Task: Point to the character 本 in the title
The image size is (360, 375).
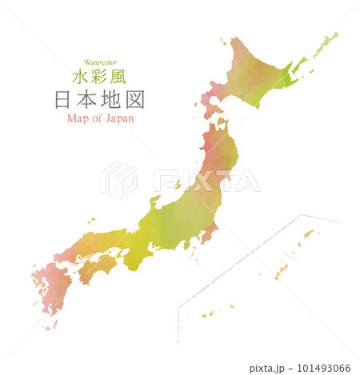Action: [x=87, y=101]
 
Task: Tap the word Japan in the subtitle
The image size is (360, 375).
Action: [x=117, y=119]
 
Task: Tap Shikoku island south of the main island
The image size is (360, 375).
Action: [x=97, y=267]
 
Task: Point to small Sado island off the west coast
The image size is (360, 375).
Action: [x=178, y=185]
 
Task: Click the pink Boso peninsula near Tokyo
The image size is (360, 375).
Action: [x=210, y=234]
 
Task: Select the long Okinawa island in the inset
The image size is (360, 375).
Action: [x=282, y=272]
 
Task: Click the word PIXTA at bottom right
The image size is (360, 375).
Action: [x=265, y=369]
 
